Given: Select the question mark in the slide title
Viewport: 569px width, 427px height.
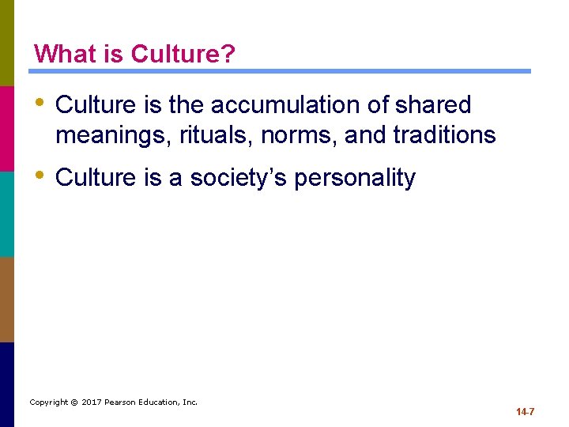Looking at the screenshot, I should coord(228,54).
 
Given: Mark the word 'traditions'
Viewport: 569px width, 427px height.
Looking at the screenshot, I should coord(444,135).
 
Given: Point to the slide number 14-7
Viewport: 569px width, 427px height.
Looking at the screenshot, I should coord(526,412).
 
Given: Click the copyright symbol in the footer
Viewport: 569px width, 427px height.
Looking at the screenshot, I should coord(74,402).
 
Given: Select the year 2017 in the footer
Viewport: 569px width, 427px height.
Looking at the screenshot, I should coord(92,402).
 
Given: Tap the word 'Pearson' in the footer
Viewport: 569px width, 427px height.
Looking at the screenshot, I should coord(122,402).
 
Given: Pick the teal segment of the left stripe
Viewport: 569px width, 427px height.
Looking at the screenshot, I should coord(7,213).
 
